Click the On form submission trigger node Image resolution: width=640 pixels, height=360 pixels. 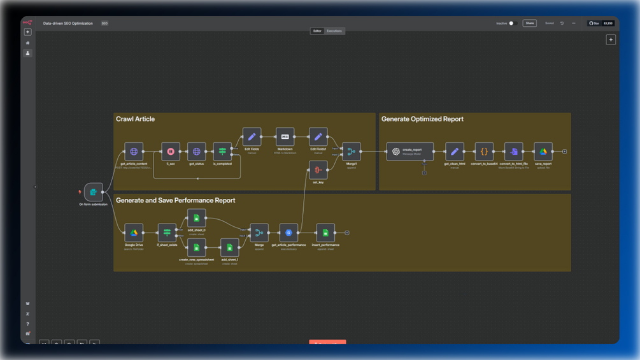(94, 192)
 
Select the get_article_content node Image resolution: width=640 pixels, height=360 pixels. (134, 152)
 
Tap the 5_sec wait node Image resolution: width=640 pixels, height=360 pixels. (171, 152)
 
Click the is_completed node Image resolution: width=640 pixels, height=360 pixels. (222, 152)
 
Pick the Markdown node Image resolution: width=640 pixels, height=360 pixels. (285, 137)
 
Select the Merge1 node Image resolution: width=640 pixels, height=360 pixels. (351, 152)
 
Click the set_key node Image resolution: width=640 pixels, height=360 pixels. (318, 169)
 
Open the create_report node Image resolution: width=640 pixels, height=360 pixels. (409, 152)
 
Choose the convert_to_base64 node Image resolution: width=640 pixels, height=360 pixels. (484, 152)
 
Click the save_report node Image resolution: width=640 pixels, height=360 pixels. (543, 152)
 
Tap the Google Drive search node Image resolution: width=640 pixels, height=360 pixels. (134, 233)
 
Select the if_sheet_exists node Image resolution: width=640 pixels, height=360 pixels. (167, 233)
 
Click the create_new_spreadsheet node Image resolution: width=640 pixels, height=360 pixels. (197, 248)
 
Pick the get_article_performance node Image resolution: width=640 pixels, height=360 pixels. (288, 233)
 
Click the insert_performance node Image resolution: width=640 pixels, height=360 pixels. (325, 233)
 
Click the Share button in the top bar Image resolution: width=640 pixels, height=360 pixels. (529, 24)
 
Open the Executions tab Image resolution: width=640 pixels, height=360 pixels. (334, 31)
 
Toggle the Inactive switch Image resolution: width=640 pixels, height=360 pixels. (512, 24)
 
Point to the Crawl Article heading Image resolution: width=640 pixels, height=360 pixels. (135, 119)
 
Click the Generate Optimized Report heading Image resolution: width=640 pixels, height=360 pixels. (422, 119)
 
